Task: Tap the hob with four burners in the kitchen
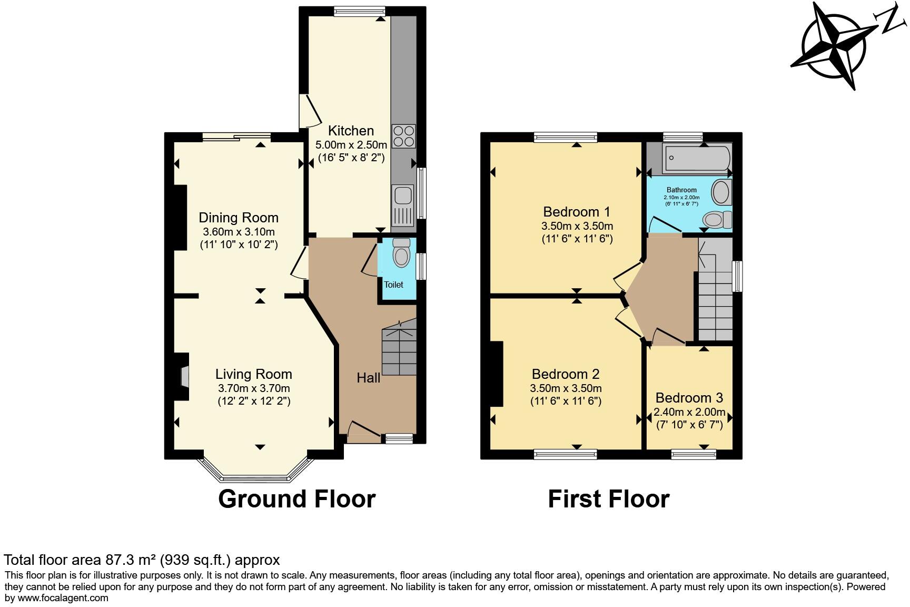point(404,136)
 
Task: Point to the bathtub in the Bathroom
point(696,157)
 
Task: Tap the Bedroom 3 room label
point(689,398)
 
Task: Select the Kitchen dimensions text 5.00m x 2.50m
point(351,144)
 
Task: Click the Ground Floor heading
point(296,498)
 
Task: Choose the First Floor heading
point(608,498)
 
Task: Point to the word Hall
point(368,378)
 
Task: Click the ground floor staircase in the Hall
point(399,350)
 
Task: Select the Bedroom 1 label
point(577,212)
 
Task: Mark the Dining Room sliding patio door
point(236,137)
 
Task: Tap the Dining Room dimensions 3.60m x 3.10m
point(239,232)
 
